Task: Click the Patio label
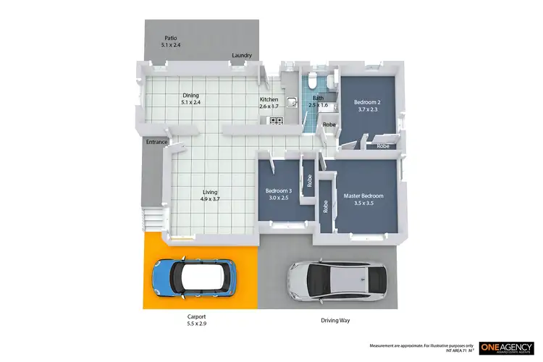171,38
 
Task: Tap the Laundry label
241,56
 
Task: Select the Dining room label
190,96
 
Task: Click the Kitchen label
269,99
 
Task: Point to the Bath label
318,98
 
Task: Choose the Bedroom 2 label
368,102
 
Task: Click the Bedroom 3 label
279,190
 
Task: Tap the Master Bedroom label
363,196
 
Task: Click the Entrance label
157,142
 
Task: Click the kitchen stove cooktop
275,121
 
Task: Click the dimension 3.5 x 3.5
363,203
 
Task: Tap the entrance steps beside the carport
151,218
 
